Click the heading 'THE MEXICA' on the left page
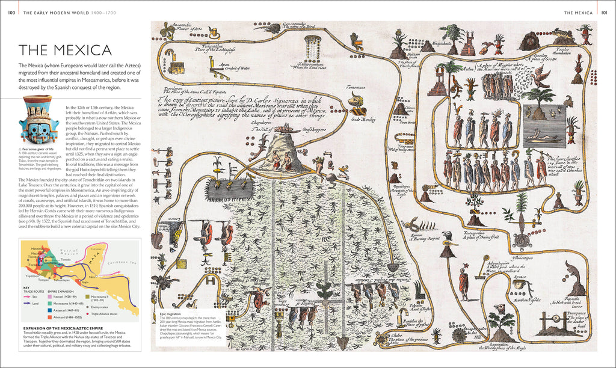pyautogui.click(x=65, y=51)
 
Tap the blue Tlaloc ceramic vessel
pyautogui.click(x=38, y=120)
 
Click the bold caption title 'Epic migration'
pyautogui.click(x=171, y=313)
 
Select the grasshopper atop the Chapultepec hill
pyautogui.click(x=287, y=129)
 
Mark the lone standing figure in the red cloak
pyautogui.click(x=464, y=281)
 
